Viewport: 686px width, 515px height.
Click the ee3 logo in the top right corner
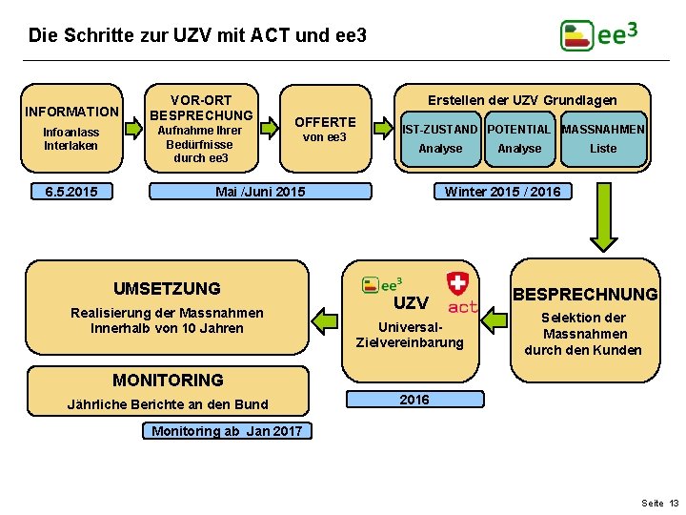click(598, 35)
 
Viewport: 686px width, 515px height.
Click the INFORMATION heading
click(71, 112)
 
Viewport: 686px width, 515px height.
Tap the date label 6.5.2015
click(71, 192)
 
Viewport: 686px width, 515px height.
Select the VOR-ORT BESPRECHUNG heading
click(201, 107)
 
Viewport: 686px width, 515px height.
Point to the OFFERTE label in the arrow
click(325, 121)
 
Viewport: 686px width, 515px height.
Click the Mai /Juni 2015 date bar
click(260, 192)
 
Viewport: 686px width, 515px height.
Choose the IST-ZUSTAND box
click(440, 129)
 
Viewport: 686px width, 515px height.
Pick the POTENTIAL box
click(519, 129)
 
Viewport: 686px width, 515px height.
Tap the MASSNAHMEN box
click(603, 129)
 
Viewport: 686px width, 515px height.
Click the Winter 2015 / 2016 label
click(502, 192)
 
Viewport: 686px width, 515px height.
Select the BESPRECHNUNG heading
click(585, 294)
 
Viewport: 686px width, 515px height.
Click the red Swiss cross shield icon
click(458, 283)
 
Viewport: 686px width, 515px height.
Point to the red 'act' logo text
click(462, 307)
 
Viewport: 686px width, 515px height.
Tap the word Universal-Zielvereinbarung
click(410, 334)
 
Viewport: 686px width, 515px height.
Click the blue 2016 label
click(414, 400)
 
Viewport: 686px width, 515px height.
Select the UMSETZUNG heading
click(167, 288)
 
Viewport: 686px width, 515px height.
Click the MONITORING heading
click(168, 380)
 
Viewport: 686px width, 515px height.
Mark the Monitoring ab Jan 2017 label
click(227, 431)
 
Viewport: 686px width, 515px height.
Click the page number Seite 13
click(660, 503)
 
